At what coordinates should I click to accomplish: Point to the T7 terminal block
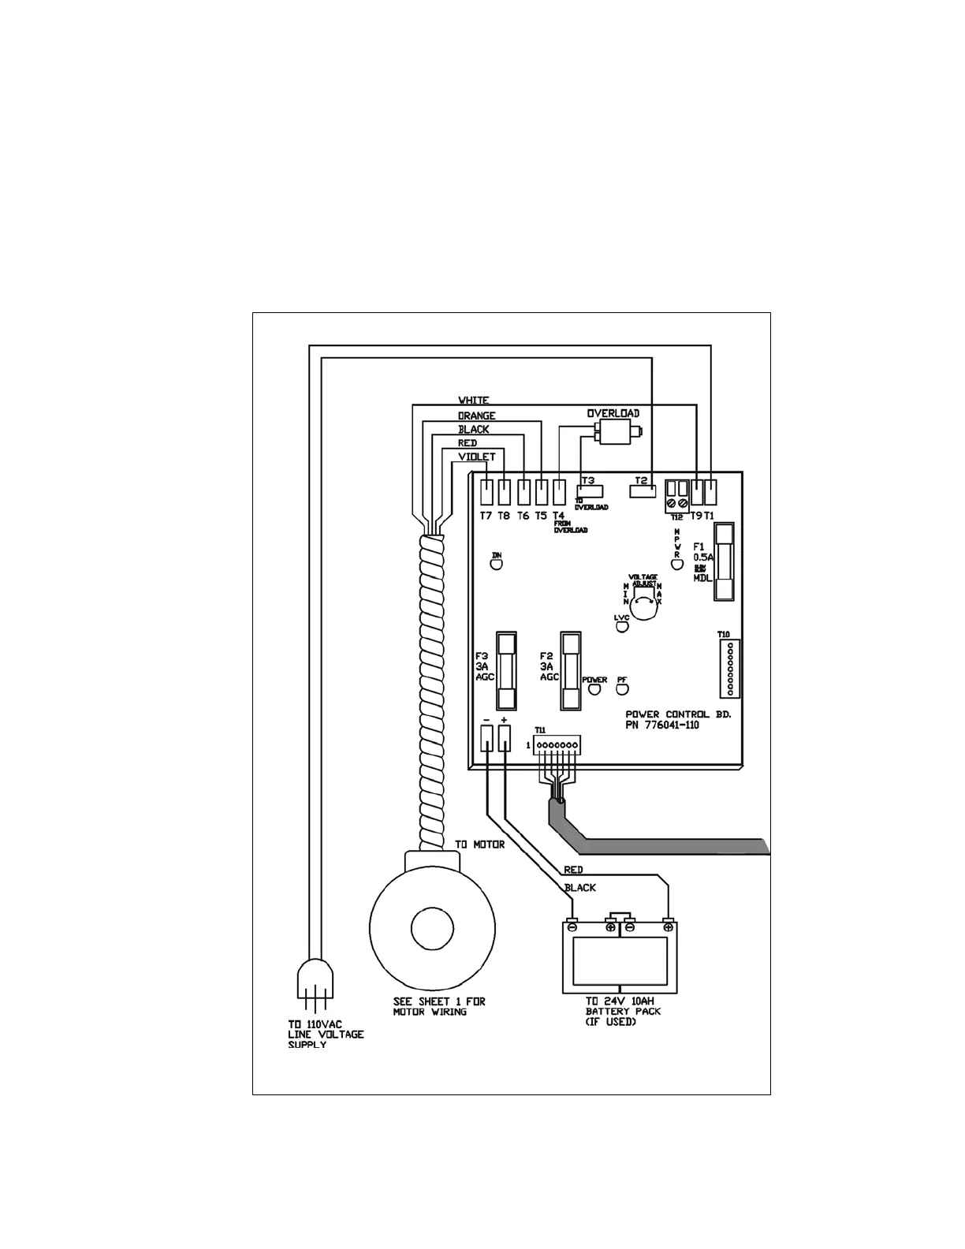(x=486, y=493)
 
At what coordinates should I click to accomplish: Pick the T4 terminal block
(x=559, y=493)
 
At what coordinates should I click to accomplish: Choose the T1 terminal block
(x=710, y=493)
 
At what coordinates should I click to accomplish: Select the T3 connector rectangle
(x=591, y=491)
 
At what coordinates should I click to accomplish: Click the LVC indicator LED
(x=621, y=627)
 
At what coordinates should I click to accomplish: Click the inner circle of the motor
(x=432, y=933)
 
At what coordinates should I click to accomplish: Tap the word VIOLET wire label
(x=477, y=457)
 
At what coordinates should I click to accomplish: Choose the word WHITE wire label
(x=474, y=401)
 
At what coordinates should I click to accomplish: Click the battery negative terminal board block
(x=486, y=738)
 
